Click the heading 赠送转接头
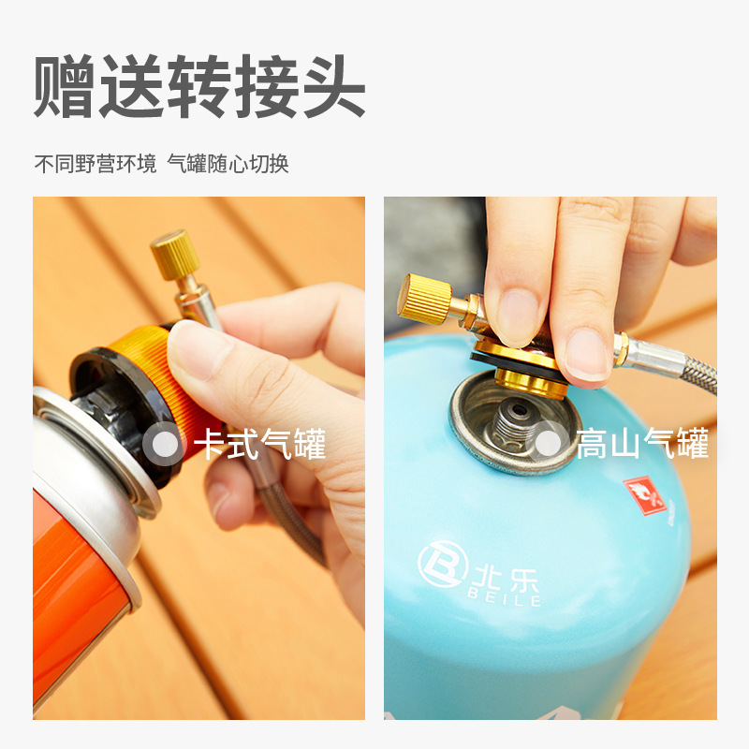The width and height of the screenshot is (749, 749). (x=199, y=86)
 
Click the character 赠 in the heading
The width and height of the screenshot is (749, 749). (x=64, y=86)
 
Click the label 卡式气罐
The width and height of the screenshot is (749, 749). (x=259, y=443)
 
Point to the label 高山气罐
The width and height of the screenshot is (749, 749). (x=641, y=443)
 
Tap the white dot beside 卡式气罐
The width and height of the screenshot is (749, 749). (x=166, y=443)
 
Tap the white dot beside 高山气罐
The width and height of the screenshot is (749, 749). (x=549, y=443)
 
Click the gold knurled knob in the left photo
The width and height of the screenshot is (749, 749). (x=171, y=254)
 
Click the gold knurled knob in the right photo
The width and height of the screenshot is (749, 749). (x=426, y=299)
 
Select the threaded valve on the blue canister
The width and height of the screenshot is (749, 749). (x=514, y=422)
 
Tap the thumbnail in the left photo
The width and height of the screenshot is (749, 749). (x=199, y=349)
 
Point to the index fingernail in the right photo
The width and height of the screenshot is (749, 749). (x=517, y=315)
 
